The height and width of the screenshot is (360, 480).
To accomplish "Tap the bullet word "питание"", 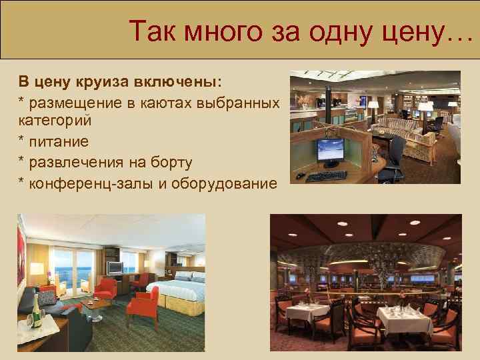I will click(61, 142).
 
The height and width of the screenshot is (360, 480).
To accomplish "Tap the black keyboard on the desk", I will click(327, 176).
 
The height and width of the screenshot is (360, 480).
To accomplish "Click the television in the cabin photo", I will click(115, 268).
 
